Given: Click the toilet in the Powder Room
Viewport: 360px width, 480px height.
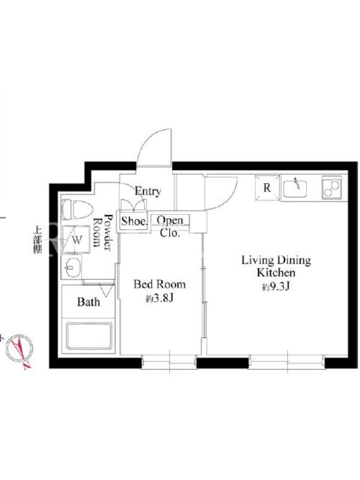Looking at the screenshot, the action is (77, 209).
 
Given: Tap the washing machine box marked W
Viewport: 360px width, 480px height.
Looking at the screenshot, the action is (76, 239).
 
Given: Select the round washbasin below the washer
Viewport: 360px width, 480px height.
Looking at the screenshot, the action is (71, 267).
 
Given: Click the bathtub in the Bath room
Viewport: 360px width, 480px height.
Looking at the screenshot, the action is (88, 335).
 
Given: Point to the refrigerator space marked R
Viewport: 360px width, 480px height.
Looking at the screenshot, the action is (268, 187).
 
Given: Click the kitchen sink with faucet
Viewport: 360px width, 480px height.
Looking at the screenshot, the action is (295, 188).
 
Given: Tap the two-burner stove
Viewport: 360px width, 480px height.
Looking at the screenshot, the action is (332, 187).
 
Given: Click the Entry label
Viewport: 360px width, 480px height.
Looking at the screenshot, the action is (148, 191).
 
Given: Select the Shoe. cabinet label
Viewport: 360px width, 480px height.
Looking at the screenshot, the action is (134, 221).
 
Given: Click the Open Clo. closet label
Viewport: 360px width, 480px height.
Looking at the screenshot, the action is (170, 227).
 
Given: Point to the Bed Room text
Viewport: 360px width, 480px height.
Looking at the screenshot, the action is (160, 284).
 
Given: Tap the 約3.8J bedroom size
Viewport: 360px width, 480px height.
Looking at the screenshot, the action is (160, 298).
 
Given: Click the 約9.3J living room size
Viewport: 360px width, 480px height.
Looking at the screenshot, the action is (276, 287).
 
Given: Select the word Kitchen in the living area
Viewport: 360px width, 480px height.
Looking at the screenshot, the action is (276, 272).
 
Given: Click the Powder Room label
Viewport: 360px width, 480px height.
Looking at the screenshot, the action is (102, 232).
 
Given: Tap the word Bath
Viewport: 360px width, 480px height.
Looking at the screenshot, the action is (88, 302).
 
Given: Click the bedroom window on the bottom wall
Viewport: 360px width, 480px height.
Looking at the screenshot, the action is (169, 362).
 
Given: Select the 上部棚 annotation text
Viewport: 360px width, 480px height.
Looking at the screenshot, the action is (38, 239).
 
